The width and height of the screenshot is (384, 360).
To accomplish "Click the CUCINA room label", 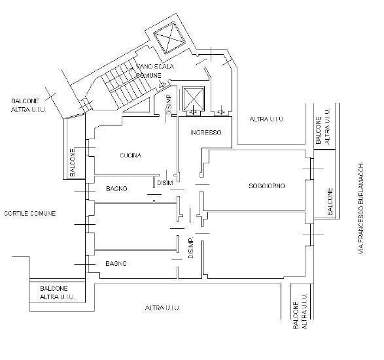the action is [131, 155].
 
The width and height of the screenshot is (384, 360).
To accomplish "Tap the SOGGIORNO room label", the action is [267, 186].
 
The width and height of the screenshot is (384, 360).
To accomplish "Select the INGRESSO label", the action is [206, 133].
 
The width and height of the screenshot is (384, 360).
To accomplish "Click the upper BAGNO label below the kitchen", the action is [116, 189].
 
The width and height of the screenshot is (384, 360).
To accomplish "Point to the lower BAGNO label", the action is [116, 264].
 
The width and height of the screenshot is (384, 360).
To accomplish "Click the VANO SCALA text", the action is [155, 66].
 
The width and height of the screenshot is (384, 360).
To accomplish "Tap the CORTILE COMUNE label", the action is [30, 213].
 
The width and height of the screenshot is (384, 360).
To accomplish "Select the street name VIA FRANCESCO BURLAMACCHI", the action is [361, 208].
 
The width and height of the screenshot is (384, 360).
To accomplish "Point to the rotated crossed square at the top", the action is [169, 38].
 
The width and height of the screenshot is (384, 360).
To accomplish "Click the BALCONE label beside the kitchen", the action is [73, 163].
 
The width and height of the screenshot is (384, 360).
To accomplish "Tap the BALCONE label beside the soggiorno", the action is [330, 201].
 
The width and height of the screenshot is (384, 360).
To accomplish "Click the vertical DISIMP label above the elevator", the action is [169, 105].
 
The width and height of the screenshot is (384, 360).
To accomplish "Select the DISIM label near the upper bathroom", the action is [165, 183].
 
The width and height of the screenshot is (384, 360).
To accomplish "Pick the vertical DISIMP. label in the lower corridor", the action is [191, 248].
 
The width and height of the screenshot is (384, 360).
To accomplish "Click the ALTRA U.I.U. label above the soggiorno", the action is [266, 119].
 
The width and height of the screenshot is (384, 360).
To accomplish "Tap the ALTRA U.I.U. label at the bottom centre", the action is [162, 308].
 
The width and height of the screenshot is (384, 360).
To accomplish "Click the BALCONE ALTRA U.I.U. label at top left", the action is [28, 105].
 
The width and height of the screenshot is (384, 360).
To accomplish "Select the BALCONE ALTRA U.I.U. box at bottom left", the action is [58, 293].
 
